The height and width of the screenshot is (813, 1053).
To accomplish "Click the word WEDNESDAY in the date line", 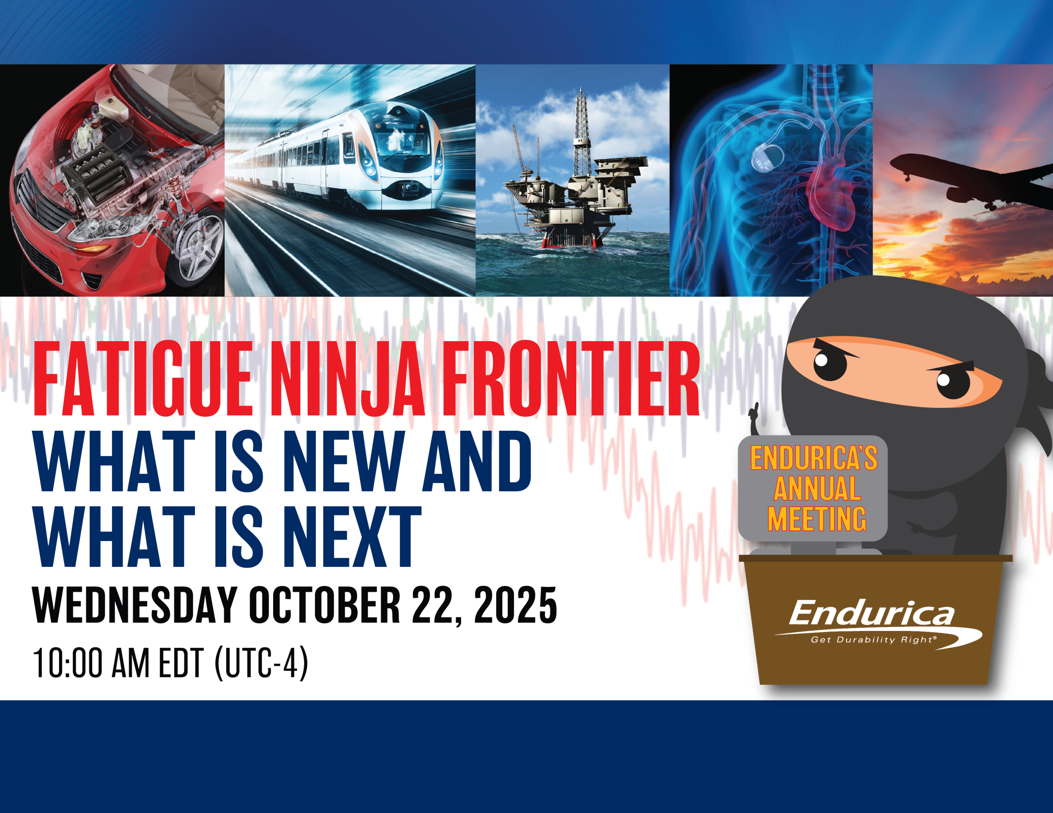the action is (135, 605).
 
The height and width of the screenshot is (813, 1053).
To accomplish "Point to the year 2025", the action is (515, 605).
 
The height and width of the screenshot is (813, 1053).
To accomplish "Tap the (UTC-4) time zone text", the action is (261, 664).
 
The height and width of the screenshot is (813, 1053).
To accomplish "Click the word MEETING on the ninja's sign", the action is (817, 519).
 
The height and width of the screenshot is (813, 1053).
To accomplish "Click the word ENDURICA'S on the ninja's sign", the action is (814, 458).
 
